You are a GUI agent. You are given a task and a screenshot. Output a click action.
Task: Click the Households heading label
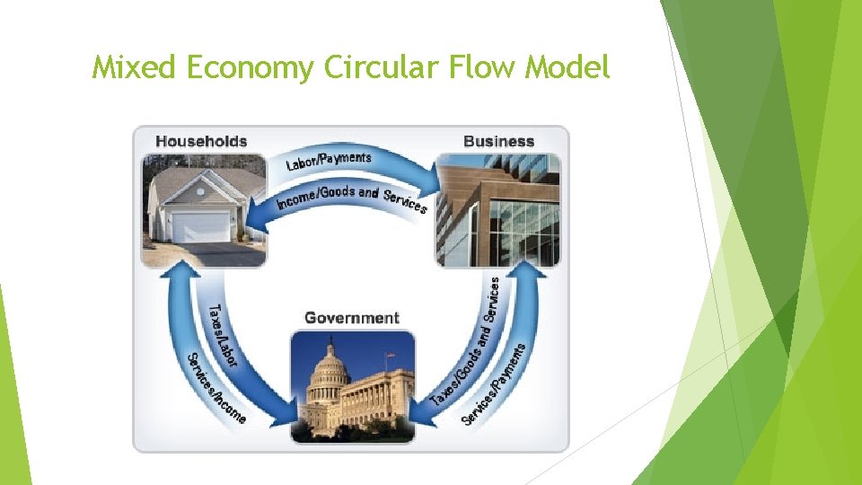201,141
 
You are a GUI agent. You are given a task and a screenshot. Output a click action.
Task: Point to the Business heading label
498,141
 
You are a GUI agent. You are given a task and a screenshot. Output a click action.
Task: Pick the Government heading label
352,318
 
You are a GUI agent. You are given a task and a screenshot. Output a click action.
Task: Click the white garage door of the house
201,228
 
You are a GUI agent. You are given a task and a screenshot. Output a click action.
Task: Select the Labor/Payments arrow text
329,161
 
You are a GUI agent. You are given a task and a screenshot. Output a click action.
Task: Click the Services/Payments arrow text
493,384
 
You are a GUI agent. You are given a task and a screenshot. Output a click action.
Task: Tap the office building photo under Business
498,211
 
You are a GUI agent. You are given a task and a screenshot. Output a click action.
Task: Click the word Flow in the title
469,67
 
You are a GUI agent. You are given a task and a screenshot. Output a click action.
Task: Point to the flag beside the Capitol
390,357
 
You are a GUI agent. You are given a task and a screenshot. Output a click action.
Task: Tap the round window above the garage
200,189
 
